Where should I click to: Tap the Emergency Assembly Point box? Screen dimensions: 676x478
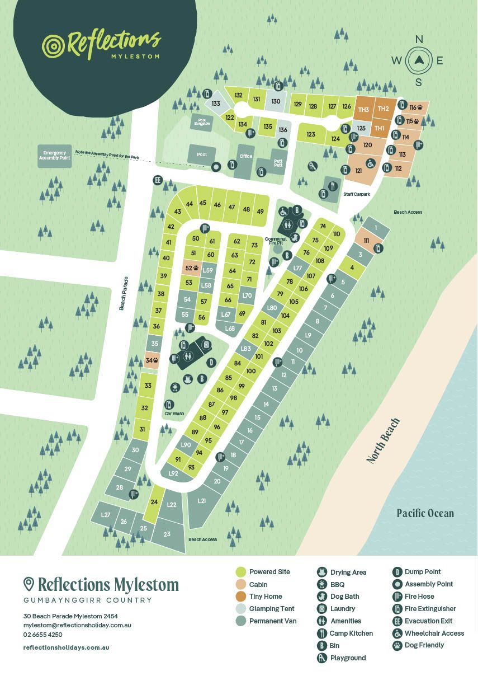point(55,156)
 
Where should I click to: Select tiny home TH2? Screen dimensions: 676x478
point(383,109)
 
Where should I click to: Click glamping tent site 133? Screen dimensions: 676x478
point(216,104)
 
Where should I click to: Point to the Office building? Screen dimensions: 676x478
point(245,156)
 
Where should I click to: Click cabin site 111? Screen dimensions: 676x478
point(366,240)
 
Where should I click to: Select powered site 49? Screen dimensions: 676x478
point(260,211)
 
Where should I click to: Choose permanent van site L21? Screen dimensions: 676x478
point(202,501)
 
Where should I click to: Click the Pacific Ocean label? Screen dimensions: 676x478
point(425,513)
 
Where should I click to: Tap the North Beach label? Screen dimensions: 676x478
point(384,440)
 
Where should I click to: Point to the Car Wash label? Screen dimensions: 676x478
point(174,414)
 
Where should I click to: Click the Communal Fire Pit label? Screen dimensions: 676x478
point(276,241)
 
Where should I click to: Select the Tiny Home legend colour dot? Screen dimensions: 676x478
point(241,597)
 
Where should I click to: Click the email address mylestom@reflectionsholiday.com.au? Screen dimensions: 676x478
point(77,625)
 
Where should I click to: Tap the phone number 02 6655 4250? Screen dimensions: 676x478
point(43,635)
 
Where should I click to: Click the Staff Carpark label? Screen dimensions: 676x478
point(357,194)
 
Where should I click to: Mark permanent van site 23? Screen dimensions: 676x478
point(167,534)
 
